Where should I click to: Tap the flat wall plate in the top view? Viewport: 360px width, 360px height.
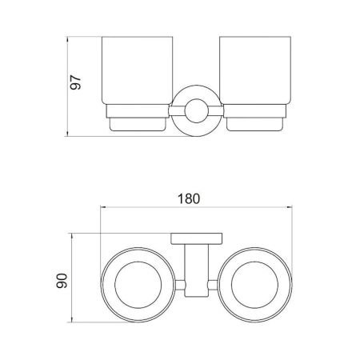[193, 237]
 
